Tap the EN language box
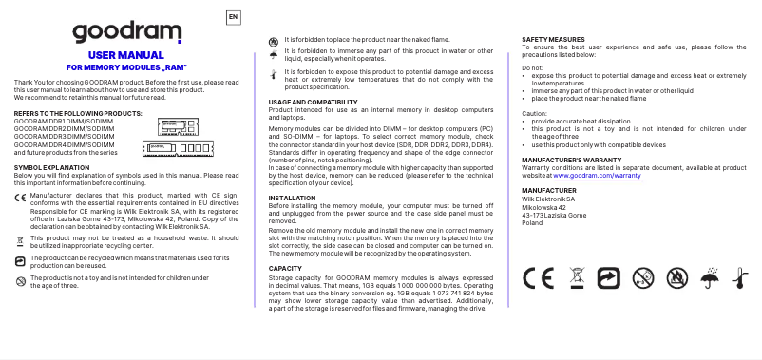coord(234,16)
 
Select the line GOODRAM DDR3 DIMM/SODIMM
coord(63,137)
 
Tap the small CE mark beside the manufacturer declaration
coord(20,196)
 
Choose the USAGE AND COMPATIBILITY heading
coord(313,102)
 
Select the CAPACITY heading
coord(285,268)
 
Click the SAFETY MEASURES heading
coord(554,39)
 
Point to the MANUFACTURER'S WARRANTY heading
coord(572,161)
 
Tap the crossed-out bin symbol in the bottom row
coord(574,277)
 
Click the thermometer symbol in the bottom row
coord(740,277)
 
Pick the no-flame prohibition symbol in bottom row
coord(676,277)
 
